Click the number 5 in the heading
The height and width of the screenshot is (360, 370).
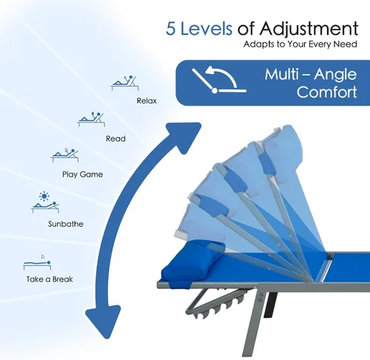[171, 28]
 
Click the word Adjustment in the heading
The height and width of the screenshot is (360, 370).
[309, 30]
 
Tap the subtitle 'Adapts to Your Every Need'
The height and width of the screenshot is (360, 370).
[300, 44]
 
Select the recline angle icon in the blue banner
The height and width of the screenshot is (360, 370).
[219, 80]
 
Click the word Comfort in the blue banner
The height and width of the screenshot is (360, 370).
[327, 92]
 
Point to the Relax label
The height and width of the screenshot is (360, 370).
[147, 101]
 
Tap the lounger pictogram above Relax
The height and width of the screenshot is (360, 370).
[125, 83]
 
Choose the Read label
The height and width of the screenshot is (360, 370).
[115, 138]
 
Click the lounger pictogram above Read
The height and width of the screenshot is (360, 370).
[91, 119]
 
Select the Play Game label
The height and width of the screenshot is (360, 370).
[82, 174]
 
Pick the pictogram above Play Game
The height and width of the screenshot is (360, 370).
[65, 155]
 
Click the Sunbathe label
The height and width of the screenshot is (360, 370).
[66, 224]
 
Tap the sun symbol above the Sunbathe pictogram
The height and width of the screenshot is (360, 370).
[44, 196]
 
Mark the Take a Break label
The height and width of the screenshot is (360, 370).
[50, 279]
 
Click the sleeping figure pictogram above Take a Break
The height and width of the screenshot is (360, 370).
[37, 264]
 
